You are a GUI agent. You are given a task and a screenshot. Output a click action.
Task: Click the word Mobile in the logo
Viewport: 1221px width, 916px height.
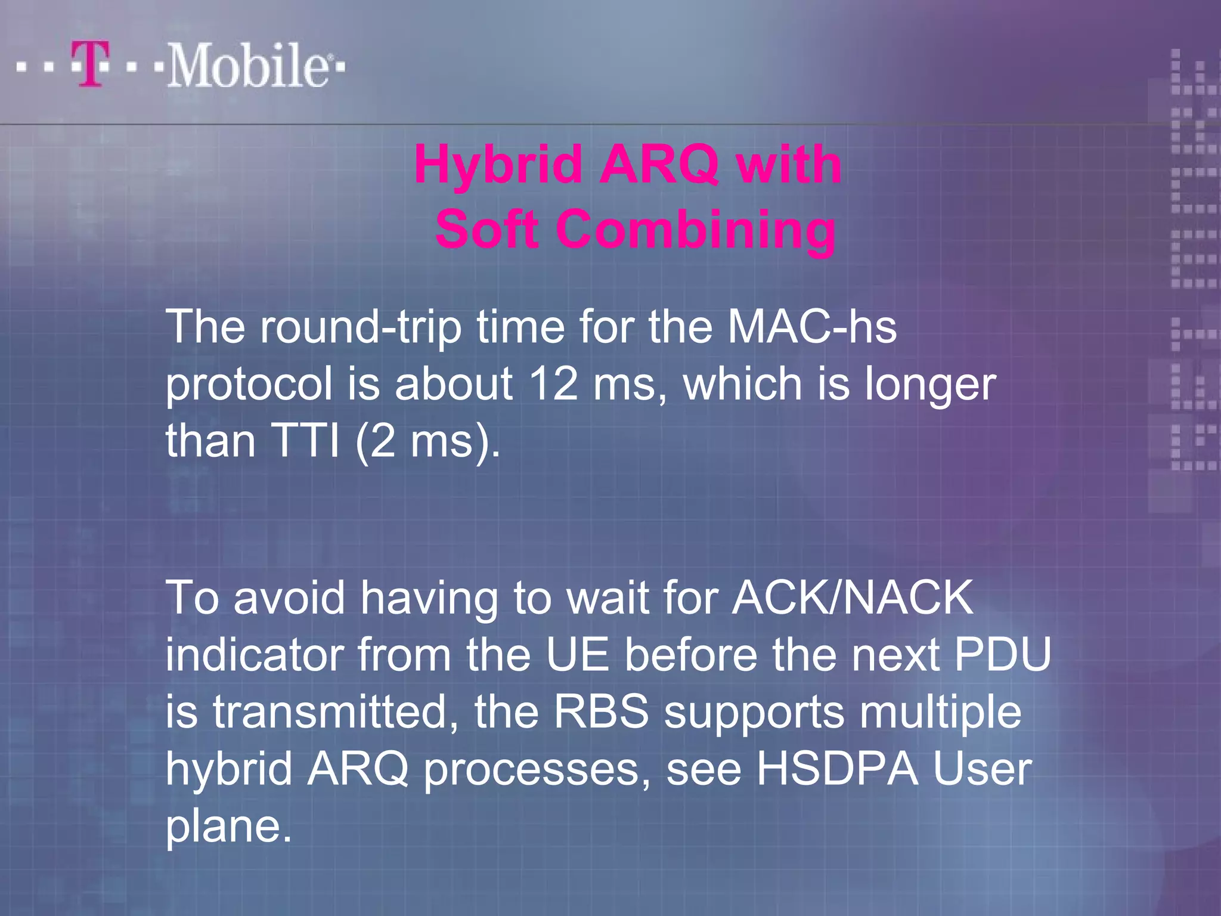(247, 66)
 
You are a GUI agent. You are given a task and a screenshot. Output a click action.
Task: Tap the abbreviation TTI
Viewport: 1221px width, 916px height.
(304, 441)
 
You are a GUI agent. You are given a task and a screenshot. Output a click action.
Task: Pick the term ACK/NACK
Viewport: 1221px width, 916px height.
(853, 598)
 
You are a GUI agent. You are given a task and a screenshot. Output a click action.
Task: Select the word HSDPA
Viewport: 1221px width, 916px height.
(837, 769)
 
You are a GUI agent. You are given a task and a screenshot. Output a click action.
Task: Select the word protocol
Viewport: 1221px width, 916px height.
(249, 385)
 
